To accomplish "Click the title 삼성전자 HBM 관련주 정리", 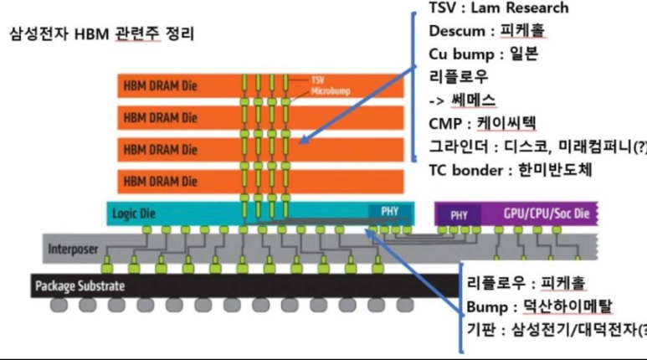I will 101,35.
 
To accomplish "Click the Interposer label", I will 73,249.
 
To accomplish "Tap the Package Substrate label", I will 80,286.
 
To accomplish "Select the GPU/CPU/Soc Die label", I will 547,214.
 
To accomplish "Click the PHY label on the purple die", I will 459,214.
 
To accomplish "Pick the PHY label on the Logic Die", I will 390,211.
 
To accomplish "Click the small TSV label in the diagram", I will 316,77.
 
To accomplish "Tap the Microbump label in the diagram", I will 327,88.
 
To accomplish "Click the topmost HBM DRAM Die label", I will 161,86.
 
